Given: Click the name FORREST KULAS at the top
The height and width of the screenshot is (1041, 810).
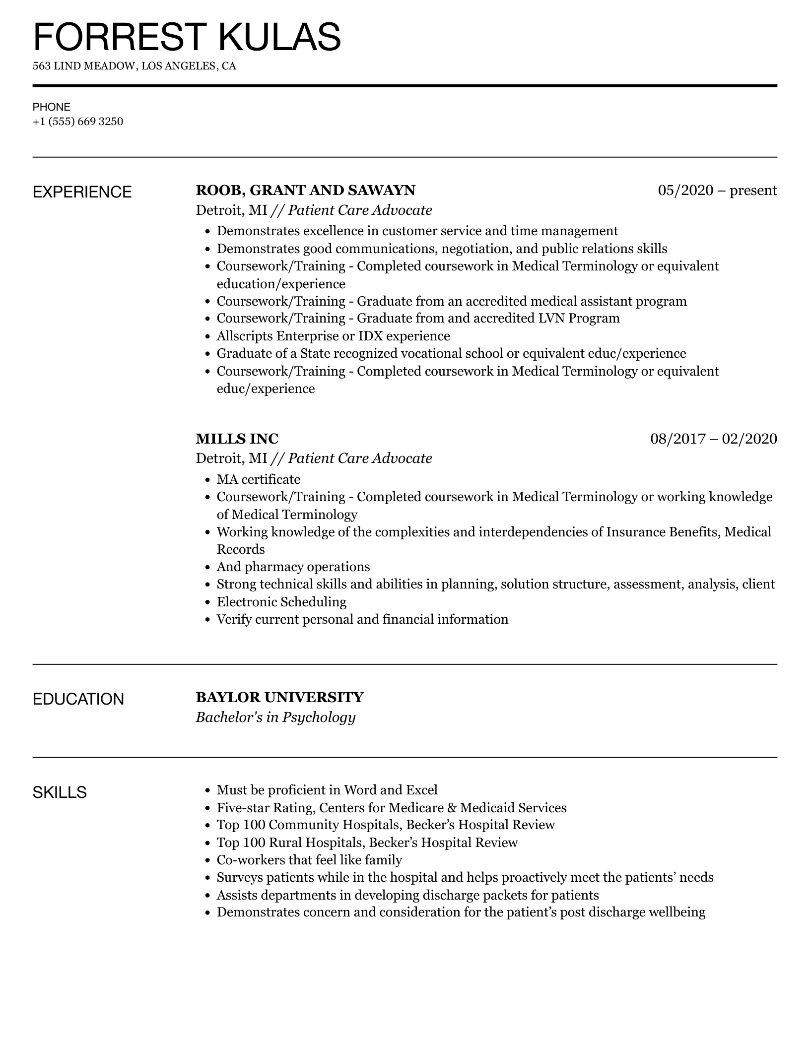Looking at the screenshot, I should pos(187,37).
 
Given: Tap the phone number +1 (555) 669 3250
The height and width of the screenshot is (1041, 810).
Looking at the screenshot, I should pos(78,122).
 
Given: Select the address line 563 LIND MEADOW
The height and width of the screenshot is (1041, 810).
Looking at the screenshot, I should pos(134,66).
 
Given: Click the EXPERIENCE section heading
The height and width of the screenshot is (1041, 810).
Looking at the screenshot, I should pos(82,192).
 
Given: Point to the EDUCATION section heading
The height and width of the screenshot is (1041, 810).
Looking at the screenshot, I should pos(78,699).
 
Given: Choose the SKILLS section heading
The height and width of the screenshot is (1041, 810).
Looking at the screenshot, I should pos(60,792).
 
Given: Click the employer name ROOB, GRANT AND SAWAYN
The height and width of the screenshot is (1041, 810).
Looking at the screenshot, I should pos(305,191).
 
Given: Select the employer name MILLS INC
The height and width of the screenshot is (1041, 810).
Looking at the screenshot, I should pos(237,439).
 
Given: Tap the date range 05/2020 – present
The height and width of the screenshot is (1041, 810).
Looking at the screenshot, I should pos(717,191).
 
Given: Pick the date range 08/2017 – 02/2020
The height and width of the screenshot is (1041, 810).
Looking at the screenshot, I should pos(713,439).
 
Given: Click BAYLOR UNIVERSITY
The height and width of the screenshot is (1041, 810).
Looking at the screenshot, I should pos(279,697).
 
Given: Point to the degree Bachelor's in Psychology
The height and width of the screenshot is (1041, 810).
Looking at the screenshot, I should pos(275,717).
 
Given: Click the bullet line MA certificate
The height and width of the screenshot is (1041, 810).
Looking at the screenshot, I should pos(258,479).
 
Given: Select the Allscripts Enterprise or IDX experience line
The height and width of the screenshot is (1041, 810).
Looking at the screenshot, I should pos(333,336).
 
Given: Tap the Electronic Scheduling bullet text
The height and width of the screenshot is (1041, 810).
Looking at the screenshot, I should pos(281,602).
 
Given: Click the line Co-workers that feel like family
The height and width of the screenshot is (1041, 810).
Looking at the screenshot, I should pos(309,860).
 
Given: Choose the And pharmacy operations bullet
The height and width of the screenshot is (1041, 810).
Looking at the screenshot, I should pos(293,567).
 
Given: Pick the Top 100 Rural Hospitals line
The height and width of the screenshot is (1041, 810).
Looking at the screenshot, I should pos(367,843).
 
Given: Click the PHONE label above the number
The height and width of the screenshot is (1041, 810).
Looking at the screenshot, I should pos(52,107).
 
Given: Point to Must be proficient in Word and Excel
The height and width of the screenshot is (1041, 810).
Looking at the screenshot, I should pos(327,790).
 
